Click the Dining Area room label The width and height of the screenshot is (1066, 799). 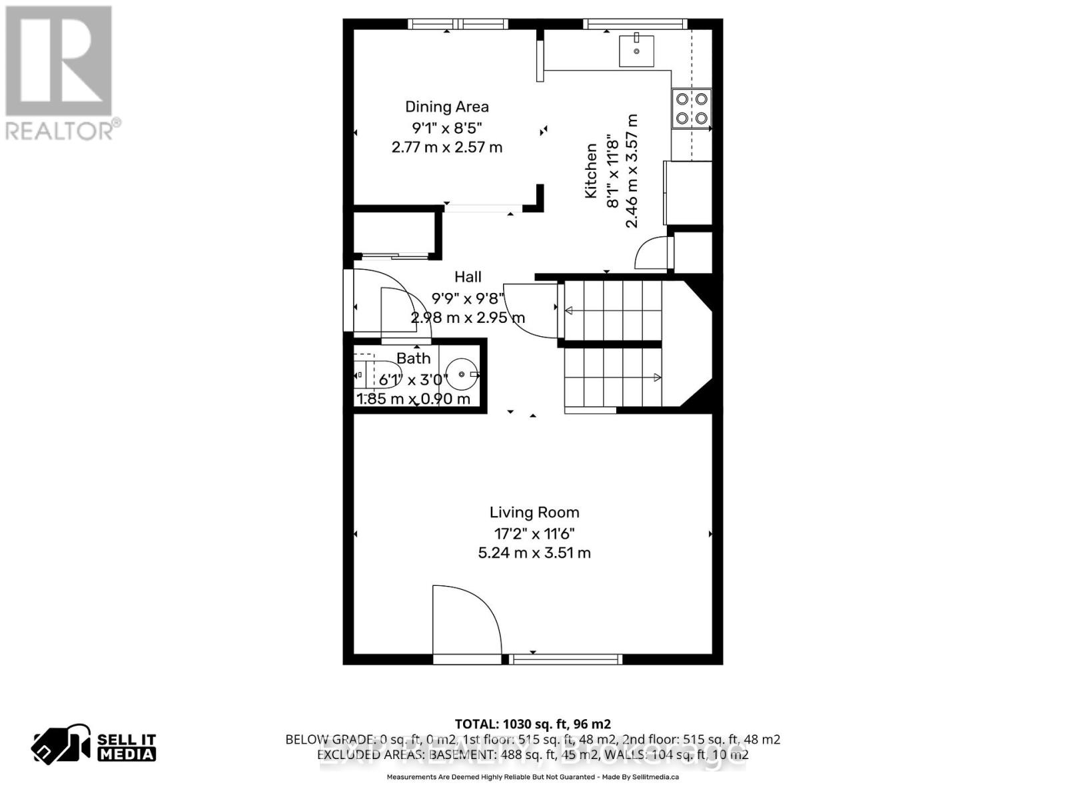tap(446, 107)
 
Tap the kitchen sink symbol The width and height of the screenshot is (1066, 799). tap(636, 51)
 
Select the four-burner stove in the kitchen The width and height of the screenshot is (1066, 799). tap(691, 109)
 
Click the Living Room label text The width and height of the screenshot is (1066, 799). tap(534, 512)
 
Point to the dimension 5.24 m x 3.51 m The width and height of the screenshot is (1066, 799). tap(534, 553)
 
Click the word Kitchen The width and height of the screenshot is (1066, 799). tap(591, 171)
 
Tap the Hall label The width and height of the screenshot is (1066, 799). tap(468, 277)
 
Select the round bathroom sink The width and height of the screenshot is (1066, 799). tap(461, 375)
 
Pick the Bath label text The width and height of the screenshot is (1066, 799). tap(413, 358)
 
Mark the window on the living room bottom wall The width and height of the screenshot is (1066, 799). tap(566, 659)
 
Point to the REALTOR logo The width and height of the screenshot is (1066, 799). tap(62, 73)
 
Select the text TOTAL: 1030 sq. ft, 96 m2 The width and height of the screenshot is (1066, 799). tap(532, 724)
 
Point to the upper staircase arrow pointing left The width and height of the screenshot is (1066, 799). tap(569, 310)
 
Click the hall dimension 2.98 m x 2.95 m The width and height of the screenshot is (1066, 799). tap(468, 318)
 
